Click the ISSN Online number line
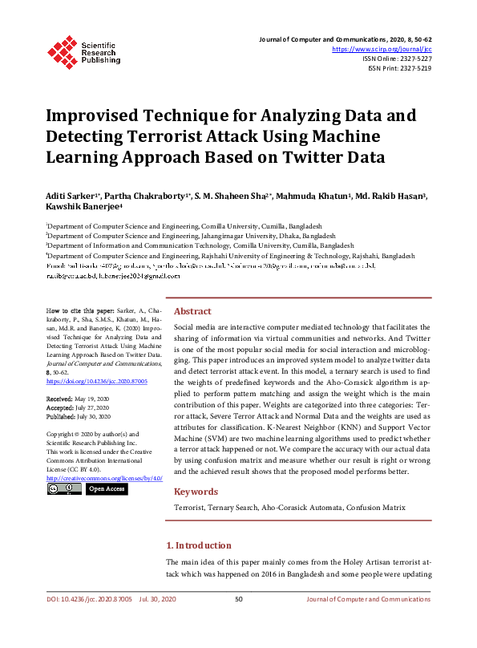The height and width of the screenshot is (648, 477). tap(397, 59)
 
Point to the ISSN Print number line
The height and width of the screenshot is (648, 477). tap(399, 68)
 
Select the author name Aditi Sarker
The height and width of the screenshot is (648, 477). tap(71, 196)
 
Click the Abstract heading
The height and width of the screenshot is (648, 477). tap(192, 311)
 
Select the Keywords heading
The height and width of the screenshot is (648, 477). tap(196, 491)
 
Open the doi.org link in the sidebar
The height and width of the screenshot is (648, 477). tap(97, 382)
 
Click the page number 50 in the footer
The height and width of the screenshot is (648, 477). tap(238, 599)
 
